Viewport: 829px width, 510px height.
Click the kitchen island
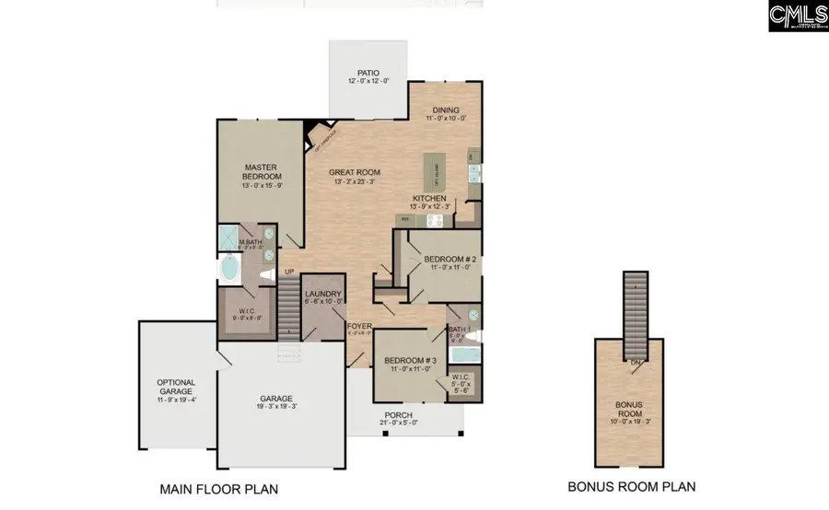[431, 173]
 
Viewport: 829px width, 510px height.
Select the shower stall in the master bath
[228, 237]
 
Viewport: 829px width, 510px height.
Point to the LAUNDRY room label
[322, 295]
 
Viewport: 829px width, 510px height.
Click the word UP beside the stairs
[288, 272]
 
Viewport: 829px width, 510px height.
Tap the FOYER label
[358, 327]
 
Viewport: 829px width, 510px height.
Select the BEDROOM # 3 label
[408, 360]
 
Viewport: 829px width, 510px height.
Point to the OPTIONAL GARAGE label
[175, 387]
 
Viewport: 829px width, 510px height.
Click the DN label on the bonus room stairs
[636, 362]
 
